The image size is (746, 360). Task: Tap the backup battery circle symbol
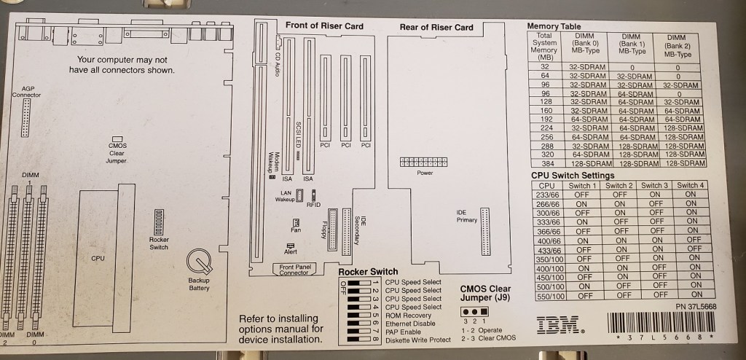[x=198, y=261]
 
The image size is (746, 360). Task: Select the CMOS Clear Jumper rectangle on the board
[x=117, y=138]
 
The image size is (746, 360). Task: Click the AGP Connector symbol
[x=27, y=115]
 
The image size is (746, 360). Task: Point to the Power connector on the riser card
[x=425, y=161]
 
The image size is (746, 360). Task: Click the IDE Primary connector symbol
[x=485, y=227]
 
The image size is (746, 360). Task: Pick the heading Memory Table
[x=554, y=26]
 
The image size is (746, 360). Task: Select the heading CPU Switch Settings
[x=573, y=176]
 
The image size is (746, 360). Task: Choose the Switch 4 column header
[x=691, y=185]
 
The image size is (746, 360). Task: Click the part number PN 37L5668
[x=696, y=307]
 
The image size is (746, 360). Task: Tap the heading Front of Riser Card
[x=324, y=26]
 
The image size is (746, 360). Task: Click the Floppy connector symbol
[x=334, y=230]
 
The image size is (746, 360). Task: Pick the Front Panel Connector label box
[x=294, y=270]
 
